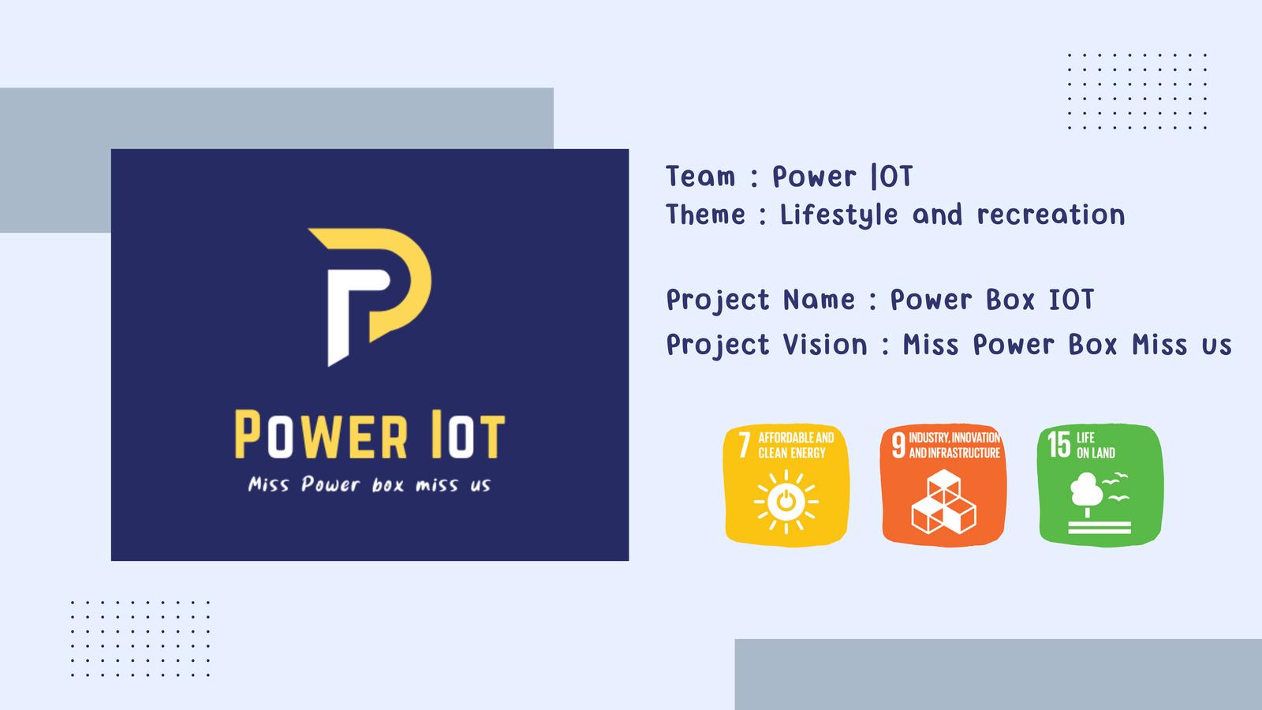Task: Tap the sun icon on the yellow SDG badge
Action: click(786, 501)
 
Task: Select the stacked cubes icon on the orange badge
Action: click(943, 502)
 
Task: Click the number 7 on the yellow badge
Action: click(745, 445)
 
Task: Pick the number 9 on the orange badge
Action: click(898, 445)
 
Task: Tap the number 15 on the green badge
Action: click(1059, 445)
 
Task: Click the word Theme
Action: click(706, 215)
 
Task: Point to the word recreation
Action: click(1051, 215)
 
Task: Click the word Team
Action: click(701, 177)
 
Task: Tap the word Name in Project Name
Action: click(820, 299)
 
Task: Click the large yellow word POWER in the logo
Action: click(321, 435)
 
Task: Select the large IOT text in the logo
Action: click(469, 435)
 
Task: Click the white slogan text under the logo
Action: click(370, 484)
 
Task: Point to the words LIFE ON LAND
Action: click(1096, 445)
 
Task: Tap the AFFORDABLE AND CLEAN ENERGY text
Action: click(796, 445)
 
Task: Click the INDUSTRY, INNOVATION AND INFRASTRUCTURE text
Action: click(954, 445)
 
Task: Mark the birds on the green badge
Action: click(1116, 487)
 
